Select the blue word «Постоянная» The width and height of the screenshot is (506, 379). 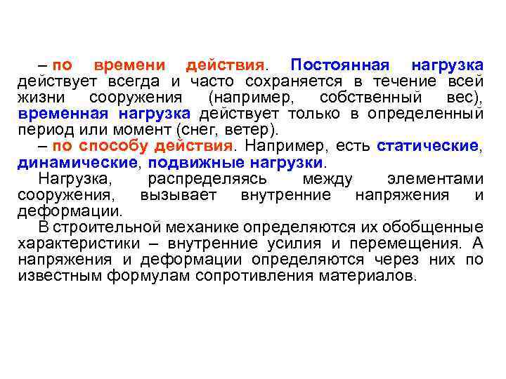(339, 65)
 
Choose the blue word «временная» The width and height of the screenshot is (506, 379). (63, 113)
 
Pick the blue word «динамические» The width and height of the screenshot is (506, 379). (77, 161)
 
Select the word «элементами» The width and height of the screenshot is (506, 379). (436, 178)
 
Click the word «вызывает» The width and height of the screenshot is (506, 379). (179, 194)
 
